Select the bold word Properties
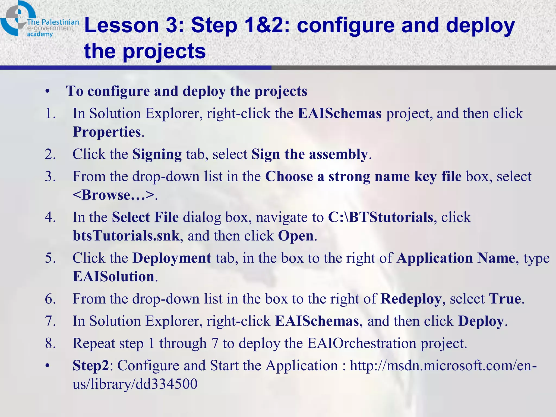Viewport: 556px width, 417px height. pyautogui.click(x=107, y=132)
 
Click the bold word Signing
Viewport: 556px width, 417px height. pyautogui.click(x=157, y=154)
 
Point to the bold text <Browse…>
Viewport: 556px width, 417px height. pyautogui.click(x=113, y=195)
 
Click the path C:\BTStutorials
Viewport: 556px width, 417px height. pyautogui.click(x=380, y=217)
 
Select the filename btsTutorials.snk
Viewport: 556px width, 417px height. pyautogui.click(x=126, y=236)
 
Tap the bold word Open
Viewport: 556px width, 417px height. pyautogui.click(x=296, y=236)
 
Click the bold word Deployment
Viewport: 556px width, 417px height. pyautogui.click(x=172, y=258)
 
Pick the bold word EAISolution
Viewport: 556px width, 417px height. pyautogui.click(x=113, y=277)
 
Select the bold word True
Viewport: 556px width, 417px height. pyautogui.click(x=505, y=299)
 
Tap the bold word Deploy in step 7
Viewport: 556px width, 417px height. pyautogui.click(x=481, y=321)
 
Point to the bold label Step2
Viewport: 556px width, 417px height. pyautogui.click(x=91, y=366)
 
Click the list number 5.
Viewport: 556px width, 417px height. pyautogui.click(x=50, y=258)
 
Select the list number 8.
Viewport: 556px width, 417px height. pyautogui.click(x=50, y=343)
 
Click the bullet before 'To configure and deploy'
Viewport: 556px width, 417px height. pyautogui.click(x=48, y=92)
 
